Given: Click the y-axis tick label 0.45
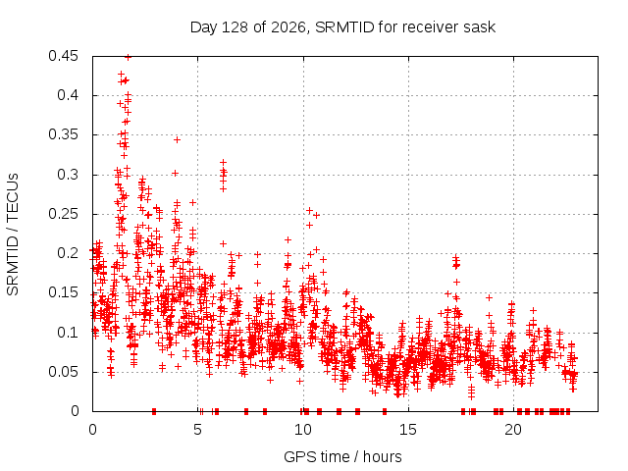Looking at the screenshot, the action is pyautogui.click(x=63, y=56).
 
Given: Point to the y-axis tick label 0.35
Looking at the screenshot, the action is pyautogui.click(x=63, y=134).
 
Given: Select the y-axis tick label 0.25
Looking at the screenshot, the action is pyautogui.click(x=63, y=214).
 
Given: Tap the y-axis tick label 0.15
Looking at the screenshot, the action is pyautogui.click(x=63, y=292).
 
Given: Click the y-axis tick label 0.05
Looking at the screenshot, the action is pyautogui.click(x=63, y=372).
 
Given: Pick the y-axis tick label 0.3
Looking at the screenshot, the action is pyautogui.click(x=68, y=175).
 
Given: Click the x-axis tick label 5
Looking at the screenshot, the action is pyautogui.click(x=197, y=430).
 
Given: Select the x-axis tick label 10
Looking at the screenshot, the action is pyautogui.click(x=303, y=430).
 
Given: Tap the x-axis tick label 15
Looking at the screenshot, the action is pyautogui.click(x=408, y=430).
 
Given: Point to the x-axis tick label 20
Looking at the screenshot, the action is pyautogui.click(x=513, y=430).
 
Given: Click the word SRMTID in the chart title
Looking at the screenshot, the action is pyautogui.click(x=344, y=27).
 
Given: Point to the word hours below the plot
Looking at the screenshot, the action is pyautogui.click(x=382, y=457).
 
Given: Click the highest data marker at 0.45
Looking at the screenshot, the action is pyautogui.click(x=128, y=57).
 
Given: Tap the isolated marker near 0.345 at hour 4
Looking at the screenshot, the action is pyautogui.click(x=177, y=139).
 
